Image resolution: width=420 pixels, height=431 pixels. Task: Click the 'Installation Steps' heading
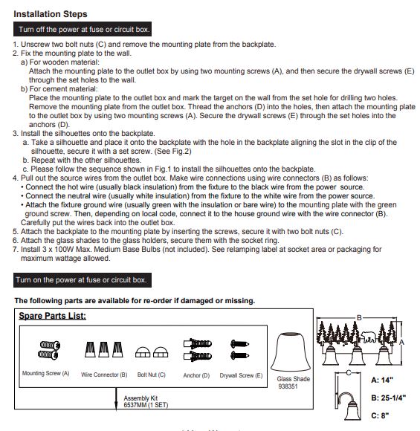pyautogui.click(x=51, y=14)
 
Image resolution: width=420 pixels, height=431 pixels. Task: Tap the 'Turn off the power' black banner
pyautogui.click(x=83, y=29)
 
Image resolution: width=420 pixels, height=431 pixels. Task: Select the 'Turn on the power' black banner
pyautogui.click(x=83, y=280)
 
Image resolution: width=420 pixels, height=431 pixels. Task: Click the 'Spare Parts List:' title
pyautogui.click(x=52, y=316)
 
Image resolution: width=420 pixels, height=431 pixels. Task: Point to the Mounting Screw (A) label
pyautogui.click(x=45, y=373)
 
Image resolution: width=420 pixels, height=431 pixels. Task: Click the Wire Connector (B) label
pyautogui.click(x=104, y=375)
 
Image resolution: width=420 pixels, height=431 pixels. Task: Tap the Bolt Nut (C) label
pyautogui.click(x=152, y=375)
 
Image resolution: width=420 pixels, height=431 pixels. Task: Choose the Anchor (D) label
pyautogui.click(x=196, y=375)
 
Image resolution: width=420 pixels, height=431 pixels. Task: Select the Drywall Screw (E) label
pyautogui.click(x=241, y=375)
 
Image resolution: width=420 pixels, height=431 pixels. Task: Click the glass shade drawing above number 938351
pyautogui.click(x=291, y=351)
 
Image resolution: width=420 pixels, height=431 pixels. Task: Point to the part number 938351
pyautogui.click(x=288, y=386)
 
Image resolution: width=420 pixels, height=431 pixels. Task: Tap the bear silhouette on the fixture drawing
pyautogui.click(x=368, y=337)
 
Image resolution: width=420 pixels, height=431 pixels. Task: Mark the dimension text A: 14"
pyautogui.click(x=382, y=380)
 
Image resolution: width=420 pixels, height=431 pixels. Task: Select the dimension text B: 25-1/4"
pyautogui.click(x=388, y=398)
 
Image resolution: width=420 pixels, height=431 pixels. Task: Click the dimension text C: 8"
pyautogui.click(x=380, y=415)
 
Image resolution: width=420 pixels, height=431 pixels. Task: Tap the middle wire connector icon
pyautogui.click(x=103, y=349)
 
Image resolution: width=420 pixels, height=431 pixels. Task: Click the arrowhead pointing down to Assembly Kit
pyautogui.click(x=116, y=406)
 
